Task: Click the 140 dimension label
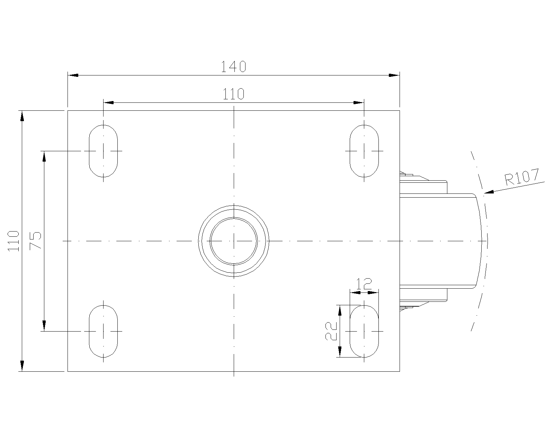233,66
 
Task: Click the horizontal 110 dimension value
233,94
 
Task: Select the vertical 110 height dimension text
13,241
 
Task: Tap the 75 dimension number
36,241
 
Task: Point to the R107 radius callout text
522,177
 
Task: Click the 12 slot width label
364,284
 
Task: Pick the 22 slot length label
332,331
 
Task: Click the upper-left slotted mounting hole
103,151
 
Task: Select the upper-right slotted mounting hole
364,151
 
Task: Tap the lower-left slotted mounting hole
103,331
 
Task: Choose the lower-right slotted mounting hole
364,331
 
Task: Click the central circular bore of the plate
234,241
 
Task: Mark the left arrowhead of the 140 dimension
73,75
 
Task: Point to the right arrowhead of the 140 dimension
394,75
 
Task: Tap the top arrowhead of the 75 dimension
44,156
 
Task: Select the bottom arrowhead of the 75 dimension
44,326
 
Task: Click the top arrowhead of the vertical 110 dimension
22,116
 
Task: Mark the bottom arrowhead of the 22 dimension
340,352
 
